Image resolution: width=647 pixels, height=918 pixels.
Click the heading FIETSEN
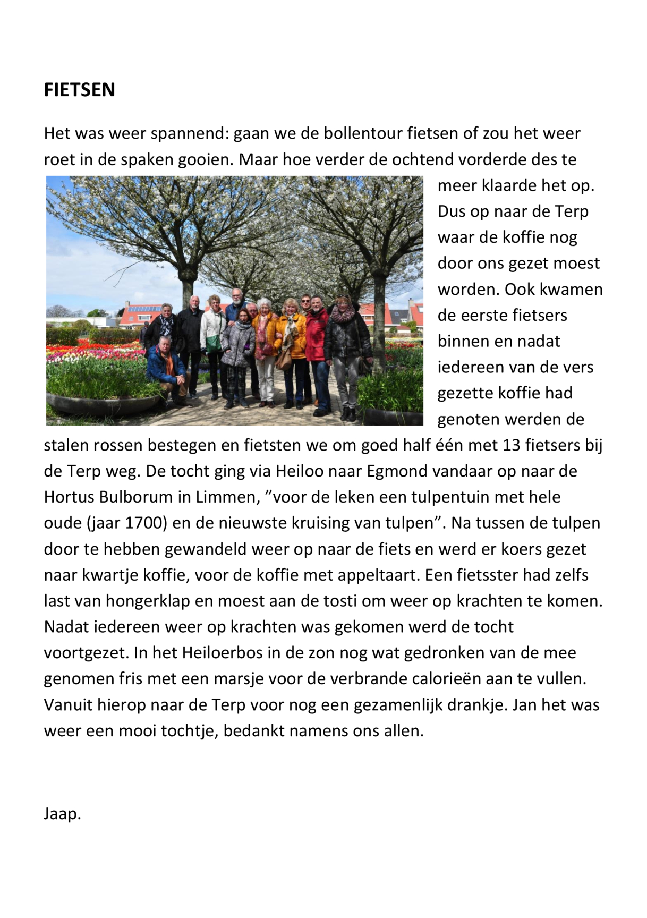click(x=79, y=90)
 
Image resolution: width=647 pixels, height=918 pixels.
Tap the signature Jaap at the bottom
click(x=62, y=813)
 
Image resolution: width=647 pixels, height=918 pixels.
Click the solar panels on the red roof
click(x=143, y=309)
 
